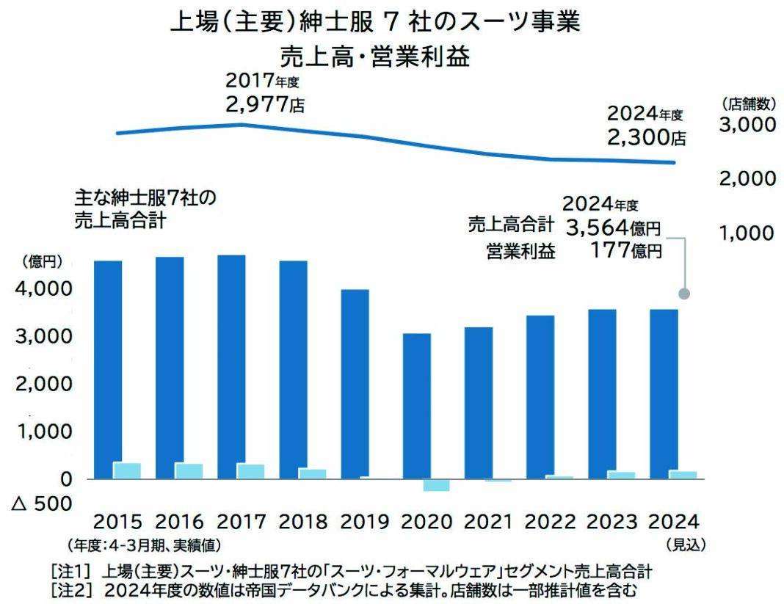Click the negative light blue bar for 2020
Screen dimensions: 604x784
[x=436, y=485]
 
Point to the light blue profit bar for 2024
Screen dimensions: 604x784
[x=683, y=475]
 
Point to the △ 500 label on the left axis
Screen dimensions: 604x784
[x=43, y=503]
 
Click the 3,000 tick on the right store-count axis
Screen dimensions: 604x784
[x=747, y=125]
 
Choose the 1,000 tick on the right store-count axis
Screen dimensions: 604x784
[x=747, y=233]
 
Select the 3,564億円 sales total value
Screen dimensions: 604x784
[x=614, y=228]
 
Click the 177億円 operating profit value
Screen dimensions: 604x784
[x=626, y=251]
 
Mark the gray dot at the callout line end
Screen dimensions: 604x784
[x=684, y=294]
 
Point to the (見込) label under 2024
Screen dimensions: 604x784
[x=683, y=545]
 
